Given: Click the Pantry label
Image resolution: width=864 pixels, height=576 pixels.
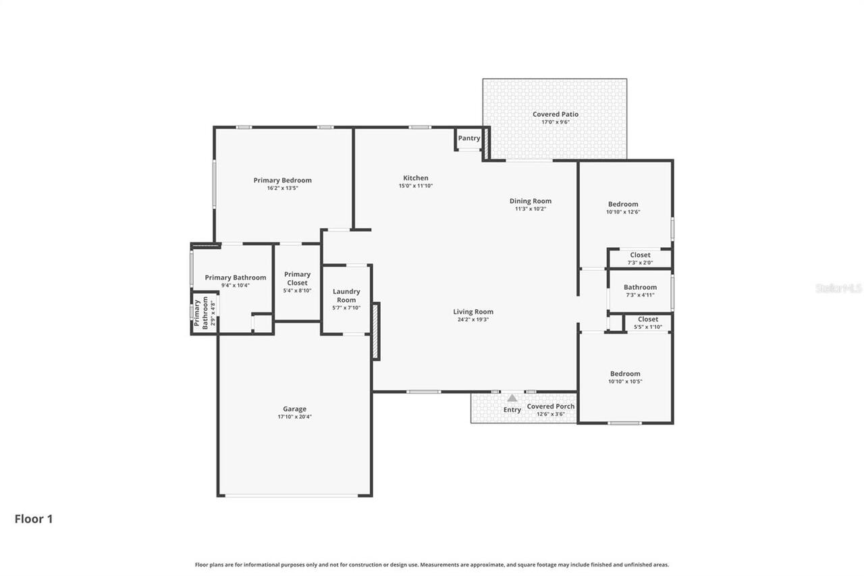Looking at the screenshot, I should coord(469,138).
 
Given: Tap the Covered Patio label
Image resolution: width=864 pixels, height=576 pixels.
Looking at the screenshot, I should coord(555,115).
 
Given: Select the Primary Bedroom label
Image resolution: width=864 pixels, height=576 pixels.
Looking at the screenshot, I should coord(282,180).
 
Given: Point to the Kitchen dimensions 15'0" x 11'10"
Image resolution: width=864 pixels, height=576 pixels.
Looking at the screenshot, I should coord(415,186).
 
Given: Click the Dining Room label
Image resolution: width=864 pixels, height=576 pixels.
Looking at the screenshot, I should coord(530,201).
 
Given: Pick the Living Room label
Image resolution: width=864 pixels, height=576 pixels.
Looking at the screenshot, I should coord(473,312).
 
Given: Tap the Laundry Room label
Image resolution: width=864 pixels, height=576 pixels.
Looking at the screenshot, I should coord(346,296).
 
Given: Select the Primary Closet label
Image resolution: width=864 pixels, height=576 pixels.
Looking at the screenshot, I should coord(297,278).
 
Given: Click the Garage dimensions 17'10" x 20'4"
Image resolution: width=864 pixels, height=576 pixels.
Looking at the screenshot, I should coord(294,417).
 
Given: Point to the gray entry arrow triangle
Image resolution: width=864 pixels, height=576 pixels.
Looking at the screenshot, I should coord(512,398).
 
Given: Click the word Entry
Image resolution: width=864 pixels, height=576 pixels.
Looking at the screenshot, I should coord(512,410).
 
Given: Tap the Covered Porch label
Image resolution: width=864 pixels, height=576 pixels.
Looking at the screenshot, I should coord(551,407).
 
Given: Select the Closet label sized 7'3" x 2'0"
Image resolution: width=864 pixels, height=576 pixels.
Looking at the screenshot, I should coord(640,255).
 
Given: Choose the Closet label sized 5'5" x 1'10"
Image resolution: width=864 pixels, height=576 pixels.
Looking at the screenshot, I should coord(647,319).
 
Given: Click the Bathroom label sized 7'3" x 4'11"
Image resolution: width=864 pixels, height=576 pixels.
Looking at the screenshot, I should coord(640,287).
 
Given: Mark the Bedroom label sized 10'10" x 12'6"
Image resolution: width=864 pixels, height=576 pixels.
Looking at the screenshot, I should coord(622,204).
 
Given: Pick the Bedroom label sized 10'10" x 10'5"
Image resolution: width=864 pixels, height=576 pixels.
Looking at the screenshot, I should coord(625,373).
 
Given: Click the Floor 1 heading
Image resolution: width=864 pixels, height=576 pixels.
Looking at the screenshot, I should coord(34,519).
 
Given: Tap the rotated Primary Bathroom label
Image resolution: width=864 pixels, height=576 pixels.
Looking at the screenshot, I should coord(200,313).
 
